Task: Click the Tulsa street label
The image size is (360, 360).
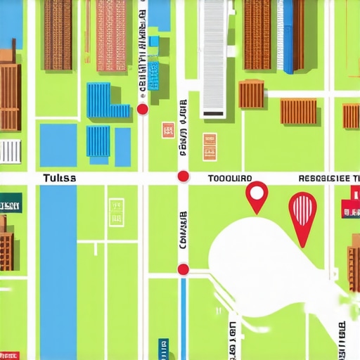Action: pyautogui.click(x=59, y=178)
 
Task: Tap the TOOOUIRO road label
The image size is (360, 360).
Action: pyautogui.click(x=231, y=179)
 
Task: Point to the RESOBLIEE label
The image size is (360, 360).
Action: pyautogui.click(x=328, y=179)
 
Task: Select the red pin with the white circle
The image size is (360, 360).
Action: pyautogui.click(x=257, y=196)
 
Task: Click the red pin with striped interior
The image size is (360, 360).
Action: pyautogui.click(x=302, y=214)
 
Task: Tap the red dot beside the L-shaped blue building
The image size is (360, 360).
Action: pyautogui.click(x=142, y=109)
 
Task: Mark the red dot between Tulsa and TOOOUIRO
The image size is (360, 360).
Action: pyautogui.click(x=183, y=176)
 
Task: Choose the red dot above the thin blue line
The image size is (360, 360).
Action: pyautogui.click(x=183, y=269)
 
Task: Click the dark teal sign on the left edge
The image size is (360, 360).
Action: pyautogui.click(x=11, y=206)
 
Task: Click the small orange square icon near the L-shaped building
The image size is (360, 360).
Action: pyautogui.click(x=168, y=130)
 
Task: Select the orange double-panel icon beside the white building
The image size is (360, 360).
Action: pyautogui.click(x=210, y=147)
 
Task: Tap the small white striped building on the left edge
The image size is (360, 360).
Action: pyautogui.click(x=10, y=150)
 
